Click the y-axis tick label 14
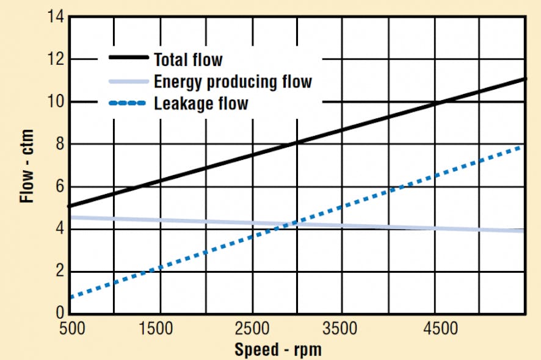[x=57, y=17]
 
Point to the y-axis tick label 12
[x=57, y=59]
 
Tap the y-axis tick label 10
[x=57, y=102]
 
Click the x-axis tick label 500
[x=71, y=329]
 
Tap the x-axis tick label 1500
[x=156, y=329]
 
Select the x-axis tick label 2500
[x=249, y=329]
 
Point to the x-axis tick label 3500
[x=341, y=329]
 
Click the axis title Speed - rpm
[x=278, y=350]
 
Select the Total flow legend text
[x=188, y=60]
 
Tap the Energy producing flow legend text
[x=233, y=81]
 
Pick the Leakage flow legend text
[x=201, y=103]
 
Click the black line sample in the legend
[x=128, y=58]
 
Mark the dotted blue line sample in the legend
[x=128, y=102]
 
